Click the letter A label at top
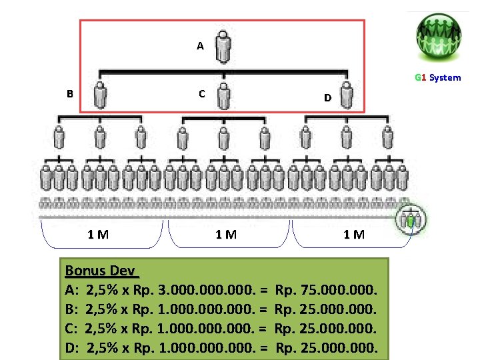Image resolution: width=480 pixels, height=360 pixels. coord(200,46)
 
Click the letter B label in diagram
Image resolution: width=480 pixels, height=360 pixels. coord(70,93)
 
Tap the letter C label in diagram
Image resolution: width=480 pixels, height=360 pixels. coord(201,93)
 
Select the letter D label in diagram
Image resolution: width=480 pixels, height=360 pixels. coord(327,98)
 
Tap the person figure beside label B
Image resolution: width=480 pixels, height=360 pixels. coord(101,95)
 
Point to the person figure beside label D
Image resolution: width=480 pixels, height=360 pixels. coord(348,95)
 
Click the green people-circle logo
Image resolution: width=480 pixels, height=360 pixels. coord(439,35)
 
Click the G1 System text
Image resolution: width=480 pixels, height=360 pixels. coord(437,77)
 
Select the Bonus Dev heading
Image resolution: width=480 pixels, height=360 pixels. coord(101,271)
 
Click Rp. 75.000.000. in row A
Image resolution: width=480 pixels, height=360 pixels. coord(326,291)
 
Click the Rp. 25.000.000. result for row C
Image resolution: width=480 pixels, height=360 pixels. coord(326,329)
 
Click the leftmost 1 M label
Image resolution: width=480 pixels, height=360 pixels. coord(99,234)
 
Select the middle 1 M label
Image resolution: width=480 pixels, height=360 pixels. coord(226,234)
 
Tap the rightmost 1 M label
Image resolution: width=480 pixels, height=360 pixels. coord(354,234)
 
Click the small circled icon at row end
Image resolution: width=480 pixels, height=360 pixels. coord(413,219)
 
